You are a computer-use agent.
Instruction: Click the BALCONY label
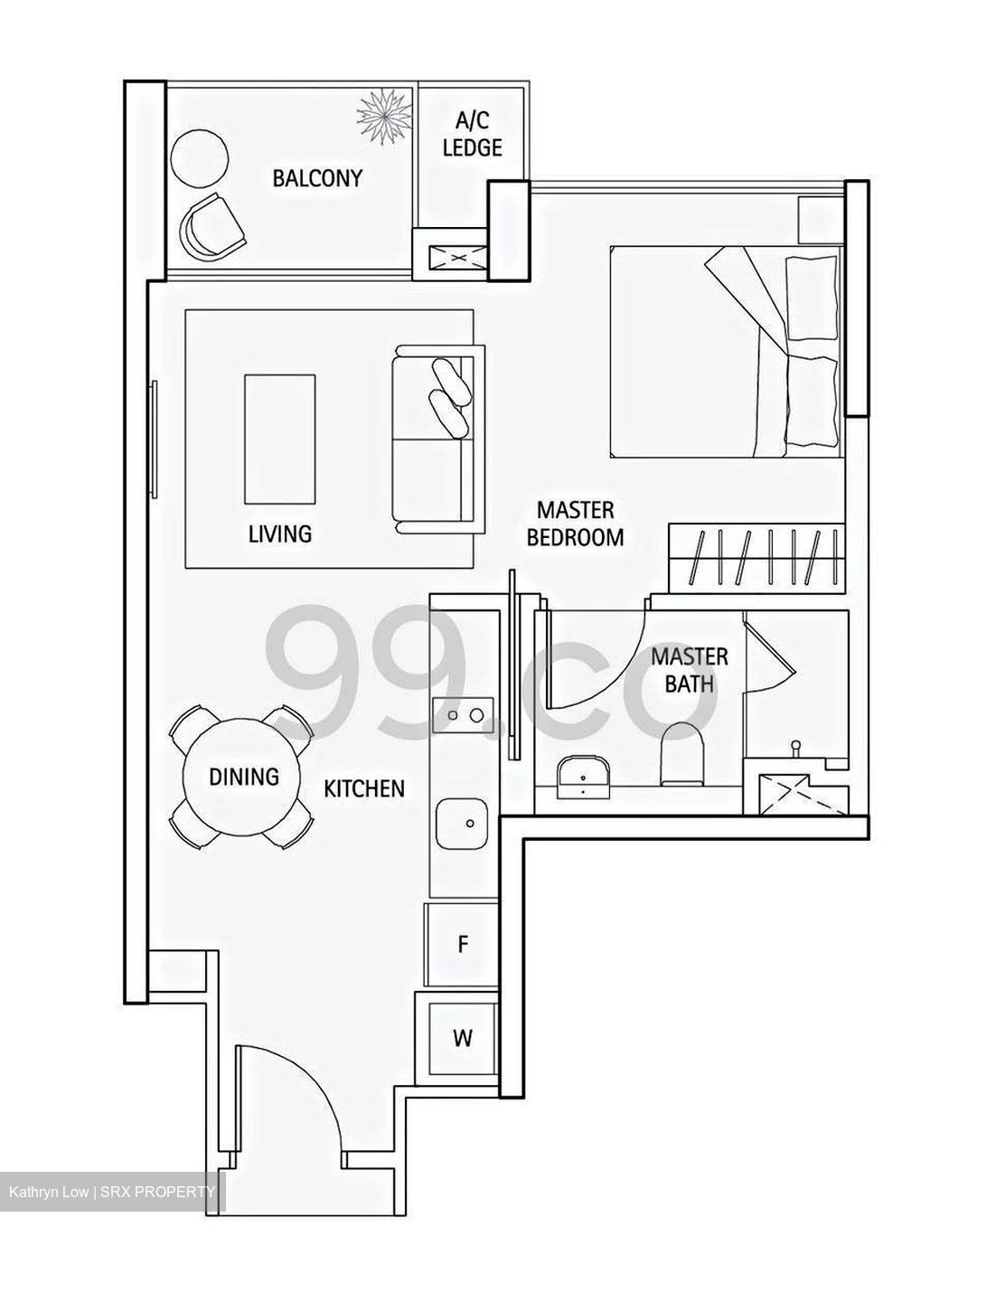pos(317,178)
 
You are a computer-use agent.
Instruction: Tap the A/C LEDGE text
pos(473,135)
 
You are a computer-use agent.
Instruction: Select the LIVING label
pos(280,533)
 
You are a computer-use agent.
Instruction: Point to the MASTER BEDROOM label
pos(575,524)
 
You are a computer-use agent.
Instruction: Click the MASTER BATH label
pos(690,670)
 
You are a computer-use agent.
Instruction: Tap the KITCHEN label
pos(364,788)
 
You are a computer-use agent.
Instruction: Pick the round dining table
pos(242,777)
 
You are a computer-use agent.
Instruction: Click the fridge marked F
pos(462,944)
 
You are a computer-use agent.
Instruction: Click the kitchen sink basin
pos(462,824)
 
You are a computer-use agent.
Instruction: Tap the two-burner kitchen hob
pos(463,715)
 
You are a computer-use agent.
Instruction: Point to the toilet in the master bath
pos(681,754)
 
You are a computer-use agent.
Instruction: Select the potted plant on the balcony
pos(384,115)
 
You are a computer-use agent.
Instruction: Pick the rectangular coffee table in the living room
pos(280,439)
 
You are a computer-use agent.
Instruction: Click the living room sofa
pos(438,439)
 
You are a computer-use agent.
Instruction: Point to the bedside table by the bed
pos(820,220)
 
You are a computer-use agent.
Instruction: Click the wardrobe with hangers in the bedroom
pos(756,558)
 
